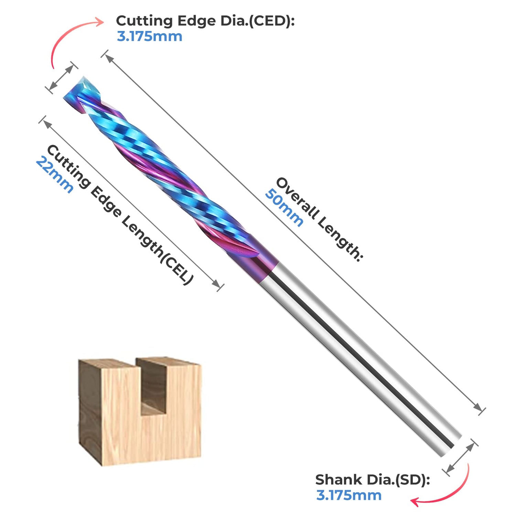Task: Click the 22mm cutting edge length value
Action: [x=54, y=175]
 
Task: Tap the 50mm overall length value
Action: [x=284, y=208]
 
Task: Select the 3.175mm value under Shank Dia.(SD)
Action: [x=349, y=495]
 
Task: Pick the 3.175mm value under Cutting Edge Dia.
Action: [x=149, y=36]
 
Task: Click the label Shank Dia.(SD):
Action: [x=373, y=480]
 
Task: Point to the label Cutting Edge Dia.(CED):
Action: [x=205, y=21]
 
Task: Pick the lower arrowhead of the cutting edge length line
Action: [x=216, y=284]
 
